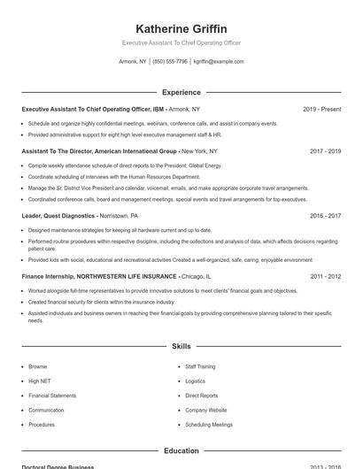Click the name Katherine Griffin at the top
(181, 29)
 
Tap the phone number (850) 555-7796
(170, 62)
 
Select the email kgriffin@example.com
(218, 62)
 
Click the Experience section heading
(181, 92)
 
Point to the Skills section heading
(181, 347)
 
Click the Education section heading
(181, 450)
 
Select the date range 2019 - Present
(321, 110)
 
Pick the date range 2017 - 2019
(325, 151)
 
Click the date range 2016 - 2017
(325, 216)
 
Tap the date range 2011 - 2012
(325, 277)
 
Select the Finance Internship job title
(98, 277)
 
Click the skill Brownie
(38, 366)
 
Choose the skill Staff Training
(200, 366)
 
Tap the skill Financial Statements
(52, 396)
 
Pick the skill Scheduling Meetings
(209, 425)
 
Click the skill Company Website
(205, 410)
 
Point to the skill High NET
(40, 381)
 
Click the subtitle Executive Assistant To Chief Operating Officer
(181, 42)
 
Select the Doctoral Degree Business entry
(58, 466)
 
